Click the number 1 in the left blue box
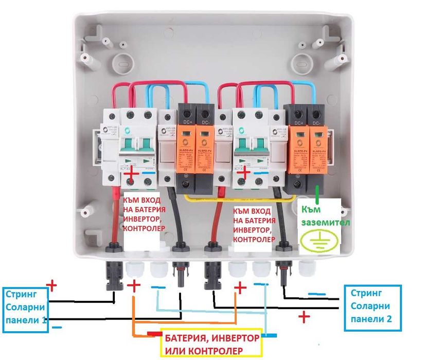(x=43, y=319)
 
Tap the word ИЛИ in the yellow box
(x=173, y=351)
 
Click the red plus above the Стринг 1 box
(x=51, y=284)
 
